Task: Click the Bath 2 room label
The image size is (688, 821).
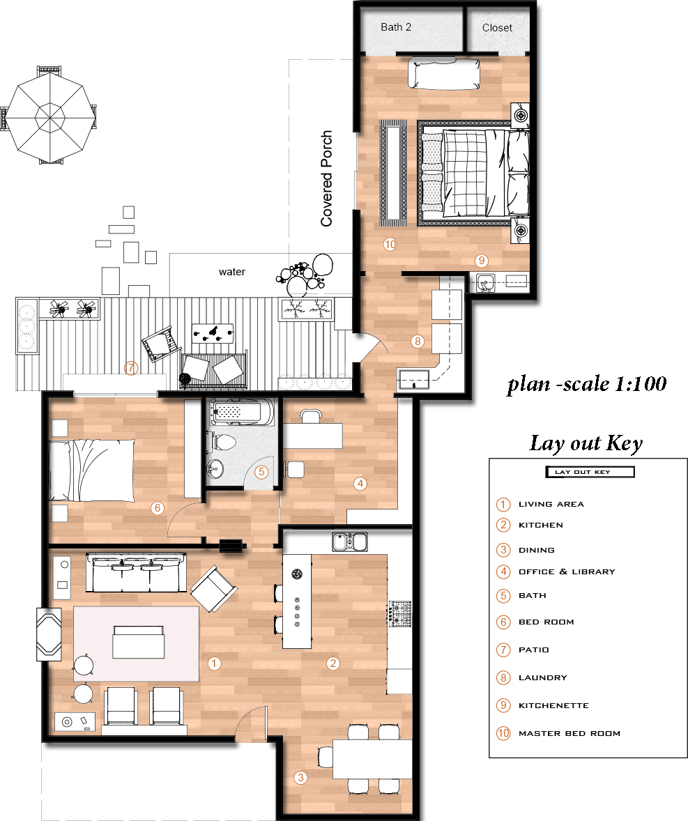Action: coord(396,27)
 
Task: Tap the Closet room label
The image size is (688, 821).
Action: coord(497,28)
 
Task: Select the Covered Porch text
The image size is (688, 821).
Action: coord(327,178)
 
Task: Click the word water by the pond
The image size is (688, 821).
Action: coord(232,272)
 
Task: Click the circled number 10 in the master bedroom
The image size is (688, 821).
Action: coord(390,245)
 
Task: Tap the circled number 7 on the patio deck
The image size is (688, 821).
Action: coord(130,368)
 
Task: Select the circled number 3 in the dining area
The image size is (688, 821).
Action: coord(300,778)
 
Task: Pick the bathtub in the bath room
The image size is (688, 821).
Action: coord(241,412)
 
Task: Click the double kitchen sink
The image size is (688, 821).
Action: coord(350,542)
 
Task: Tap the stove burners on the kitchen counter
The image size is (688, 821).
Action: coord(399,613)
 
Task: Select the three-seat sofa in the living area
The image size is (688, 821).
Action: coord(136,572)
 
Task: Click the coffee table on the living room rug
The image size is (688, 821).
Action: coord(139,642)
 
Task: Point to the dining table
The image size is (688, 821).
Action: coord(372,759)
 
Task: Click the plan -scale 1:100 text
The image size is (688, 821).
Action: coord(587,384)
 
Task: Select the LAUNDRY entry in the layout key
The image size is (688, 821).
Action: coord(542,677)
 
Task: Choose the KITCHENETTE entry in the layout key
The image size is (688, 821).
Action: coord(553,705)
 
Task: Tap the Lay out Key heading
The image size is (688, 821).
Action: coord(586,443)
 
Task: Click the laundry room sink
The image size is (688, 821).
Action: coord(414,379)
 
